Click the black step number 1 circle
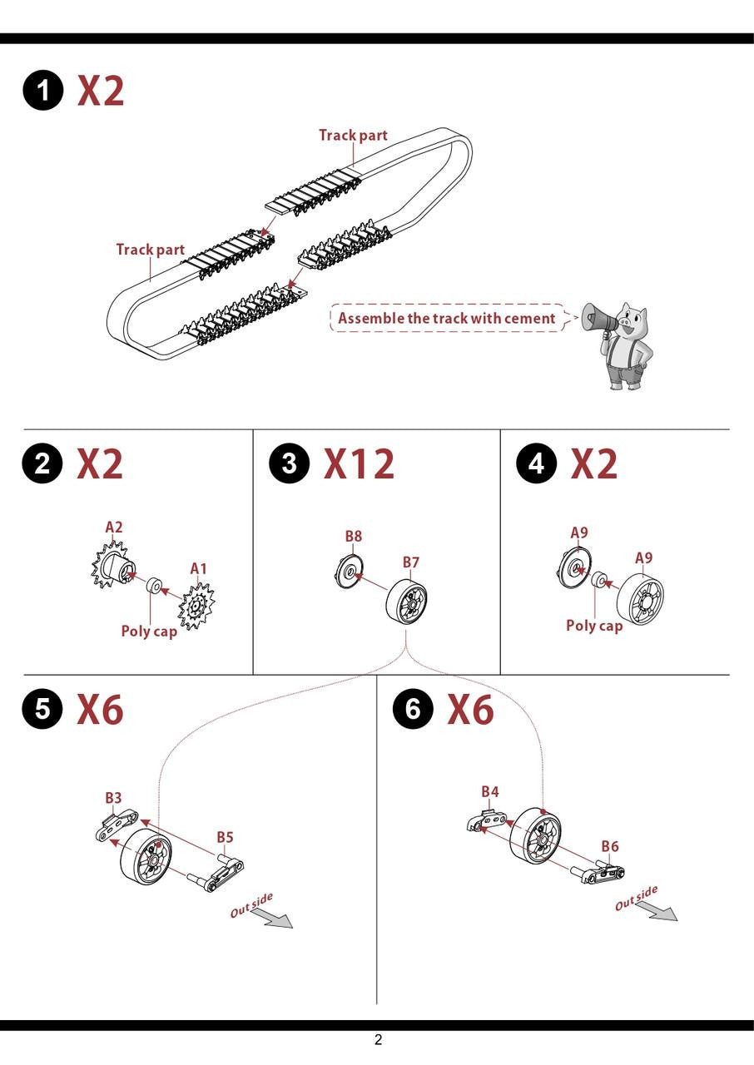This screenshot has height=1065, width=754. tap(42, 91)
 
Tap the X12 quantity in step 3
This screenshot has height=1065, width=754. tap(359, 463)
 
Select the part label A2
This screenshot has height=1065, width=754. tap(114, 528)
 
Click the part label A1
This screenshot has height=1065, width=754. tap(199, 568)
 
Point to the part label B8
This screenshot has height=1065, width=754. tap(353, 537)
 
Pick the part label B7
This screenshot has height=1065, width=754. tap(411, 562)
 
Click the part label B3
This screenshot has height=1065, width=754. tap(113, 797)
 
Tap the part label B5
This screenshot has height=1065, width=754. tap(225, 837)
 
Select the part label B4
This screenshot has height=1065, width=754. tap(489, 791)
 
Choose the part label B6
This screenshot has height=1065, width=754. tap(610, 846)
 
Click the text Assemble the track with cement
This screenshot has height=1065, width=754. tap(446, 318)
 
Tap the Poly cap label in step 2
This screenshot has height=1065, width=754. tap(149, 632)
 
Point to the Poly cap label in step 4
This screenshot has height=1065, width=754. tap(594, 626)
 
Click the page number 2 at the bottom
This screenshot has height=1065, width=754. tap(378, 1040)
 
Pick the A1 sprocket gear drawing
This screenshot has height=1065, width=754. tap(196, 607)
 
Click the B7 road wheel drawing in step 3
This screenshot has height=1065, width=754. tap(406, 602)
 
